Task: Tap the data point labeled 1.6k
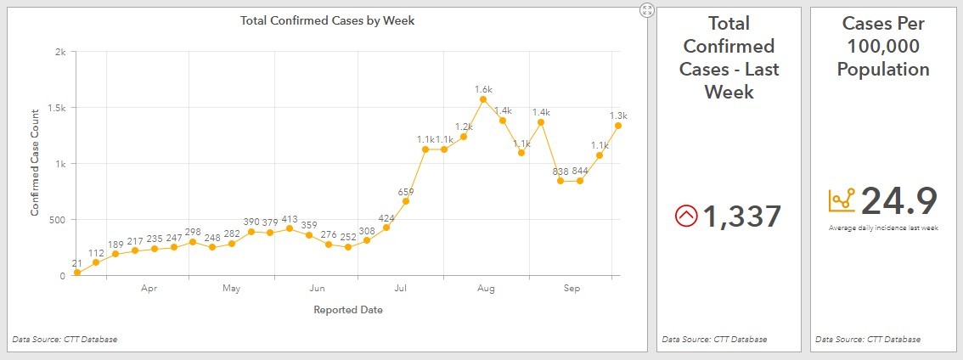click(x=483, y=99)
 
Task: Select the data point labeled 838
click(x=560, y=181)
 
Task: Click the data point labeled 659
click(x=406, y=201)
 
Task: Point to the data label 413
click(x=290, y=218)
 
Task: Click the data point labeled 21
click(x=77, y=273)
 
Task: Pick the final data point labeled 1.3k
click(x=619, y=126)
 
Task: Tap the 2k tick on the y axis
click(x=60, y=52)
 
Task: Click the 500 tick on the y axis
click(x=57, y=220)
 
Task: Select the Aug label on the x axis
click(x=486, y=290)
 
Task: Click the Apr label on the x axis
click(x=149, y=290)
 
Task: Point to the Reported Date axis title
click(x=348, y=310)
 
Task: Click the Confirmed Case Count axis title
click(x=36, y=162)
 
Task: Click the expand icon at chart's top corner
click(x=647, y=10)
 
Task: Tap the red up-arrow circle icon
click(x=685, y=217)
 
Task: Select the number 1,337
click(x=741, y=217)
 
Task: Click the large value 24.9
click(x=898, y=201)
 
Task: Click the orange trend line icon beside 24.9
click(x=842, y=200)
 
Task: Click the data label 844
click(x=580, y=170)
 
